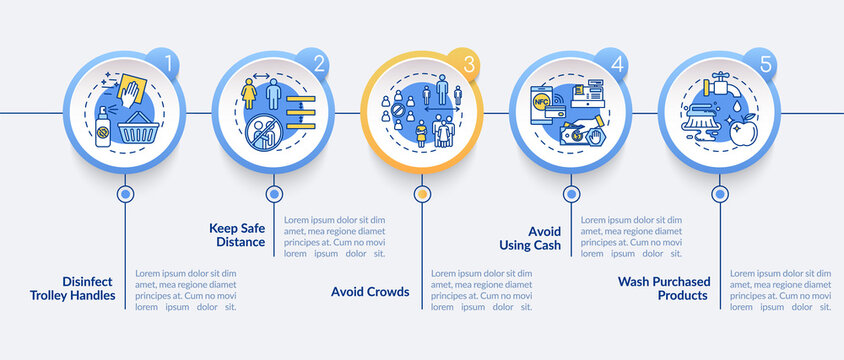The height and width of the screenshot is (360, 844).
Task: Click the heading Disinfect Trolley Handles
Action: click(x=72, y=287)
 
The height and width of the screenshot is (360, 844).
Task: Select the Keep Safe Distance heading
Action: click(x=237, y=234)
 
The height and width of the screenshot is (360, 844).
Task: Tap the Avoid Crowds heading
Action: click(x=369, y=292)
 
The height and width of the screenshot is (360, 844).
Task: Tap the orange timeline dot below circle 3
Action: click(x=422, y=193)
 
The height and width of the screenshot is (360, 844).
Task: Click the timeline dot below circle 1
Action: click(x=125, y=193)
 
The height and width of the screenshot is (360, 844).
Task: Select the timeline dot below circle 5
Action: click(x=719, y=193)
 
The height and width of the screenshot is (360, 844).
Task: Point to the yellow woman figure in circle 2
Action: click(x=248, y=95)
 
